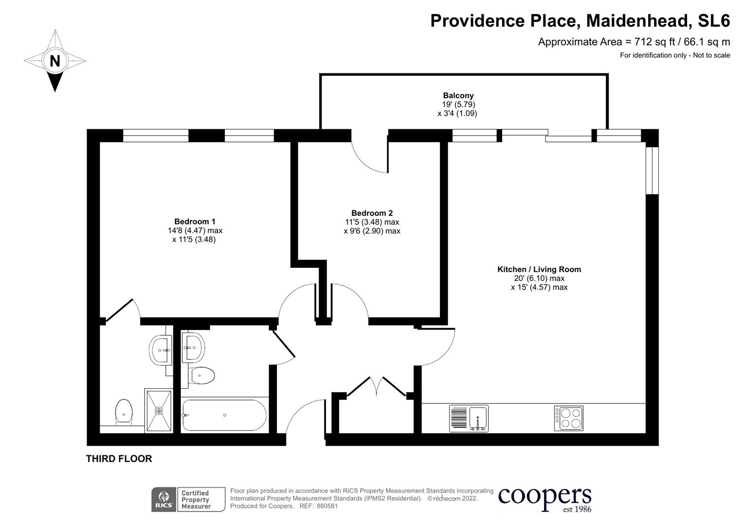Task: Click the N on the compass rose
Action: click(x=55, y=61)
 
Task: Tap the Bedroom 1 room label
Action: click(x=195, y=222)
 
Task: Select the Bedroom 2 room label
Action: click(x=372, y=213)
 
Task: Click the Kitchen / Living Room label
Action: click(x=539, y=269)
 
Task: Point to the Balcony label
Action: click(x=458, y=96)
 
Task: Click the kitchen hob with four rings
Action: click(x=568, y=418)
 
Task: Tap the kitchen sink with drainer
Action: click(x=469, y=418)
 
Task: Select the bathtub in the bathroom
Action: click(x=224, y=415)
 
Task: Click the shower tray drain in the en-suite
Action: click(x=159, y=411)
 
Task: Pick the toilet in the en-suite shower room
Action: click(x=124, y=411)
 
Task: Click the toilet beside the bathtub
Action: click(x=202, y=375)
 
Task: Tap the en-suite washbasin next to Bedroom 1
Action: click(x=160, y=350)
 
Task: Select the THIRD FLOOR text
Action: click(x=119, y=458)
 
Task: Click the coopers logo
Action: click(x=544, y=498)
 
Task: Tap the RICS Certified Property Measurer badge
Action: click(x=188, y=500)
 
